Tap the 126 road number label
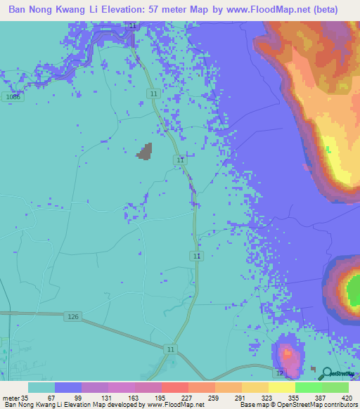74,317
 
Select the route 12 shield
280,372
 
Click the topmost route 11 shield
133,25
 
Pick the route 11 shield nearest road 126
172,349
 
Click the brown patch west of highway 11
145,152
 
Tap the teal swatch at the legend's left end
41,387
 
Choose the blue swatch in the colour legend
68,387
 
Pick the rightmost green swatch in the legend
335,387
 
